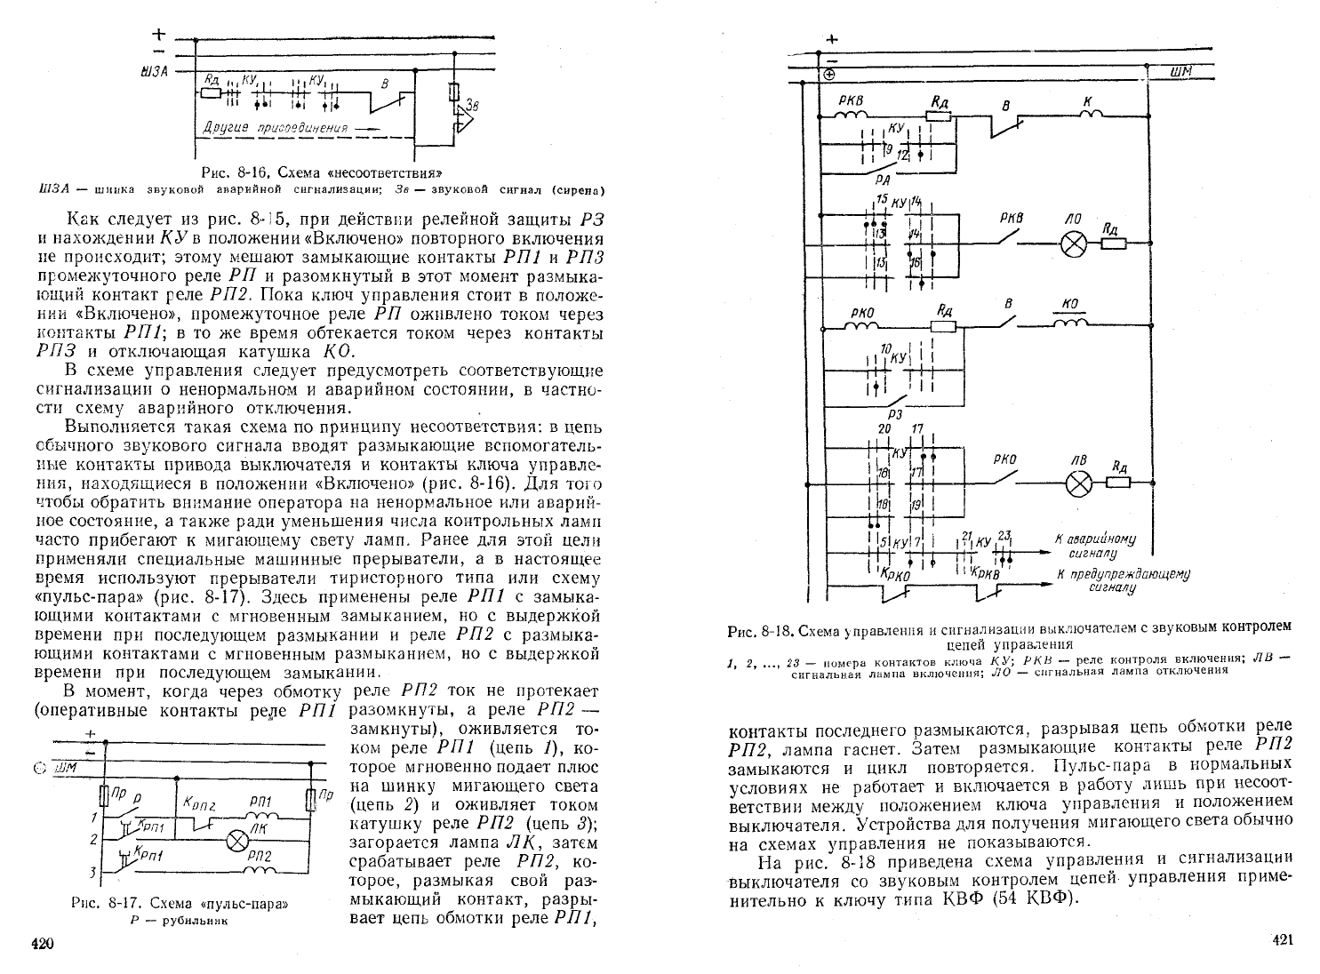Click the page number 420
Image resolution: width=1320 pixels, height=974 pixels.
pyautogui.click(x=43, y=944)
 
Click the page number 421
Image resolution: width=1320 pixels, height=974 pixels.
pyautogui.click(x=1283, y=939)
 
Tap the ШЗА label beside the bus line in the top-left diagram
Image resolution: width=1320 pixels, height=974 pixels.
pyautogui.click(x=154, y=72)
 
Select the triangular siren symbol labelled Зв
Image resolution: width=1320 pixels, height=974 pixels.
pyautogui.click(x=465, y=121)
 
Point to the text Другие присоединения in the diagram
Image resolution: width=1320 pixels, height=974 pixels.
pyautogui.click(x=275, y=128)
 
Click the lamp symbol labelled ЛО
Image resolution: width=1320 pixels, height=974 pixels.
pyautogui.click(x=1074, y=244)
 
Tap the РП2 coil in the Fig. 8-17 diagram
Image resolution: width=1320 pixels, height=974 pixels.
pyautogui.click(x=260, y=871)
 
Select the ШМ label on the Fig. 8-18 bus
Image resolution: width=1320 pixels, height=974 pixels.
pyautogui.click(x=1180, y=72)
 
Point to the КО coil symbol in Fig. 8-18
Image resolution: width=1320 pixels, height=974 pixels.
pyautogui.click(x=1071, y=323)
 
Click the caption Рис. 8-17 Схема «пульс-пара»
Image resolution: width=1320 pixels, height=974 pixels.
pyautogui.click(x=180, y=904)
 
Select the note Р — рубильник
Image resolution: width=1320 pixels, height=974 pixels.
pyautogui.click(x=179, y=921)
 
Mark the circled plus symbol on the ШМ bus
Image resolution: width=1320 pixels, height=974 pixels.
pyautogui.click(x=829, y=75)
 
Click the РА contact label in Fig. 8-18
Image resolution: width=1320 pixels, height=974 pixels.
pyautogui.click(x=883, y=179)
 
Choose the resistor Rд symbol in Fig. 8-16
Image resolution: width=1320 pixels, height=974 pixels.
pyautogui.click(x=211, y=92)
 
